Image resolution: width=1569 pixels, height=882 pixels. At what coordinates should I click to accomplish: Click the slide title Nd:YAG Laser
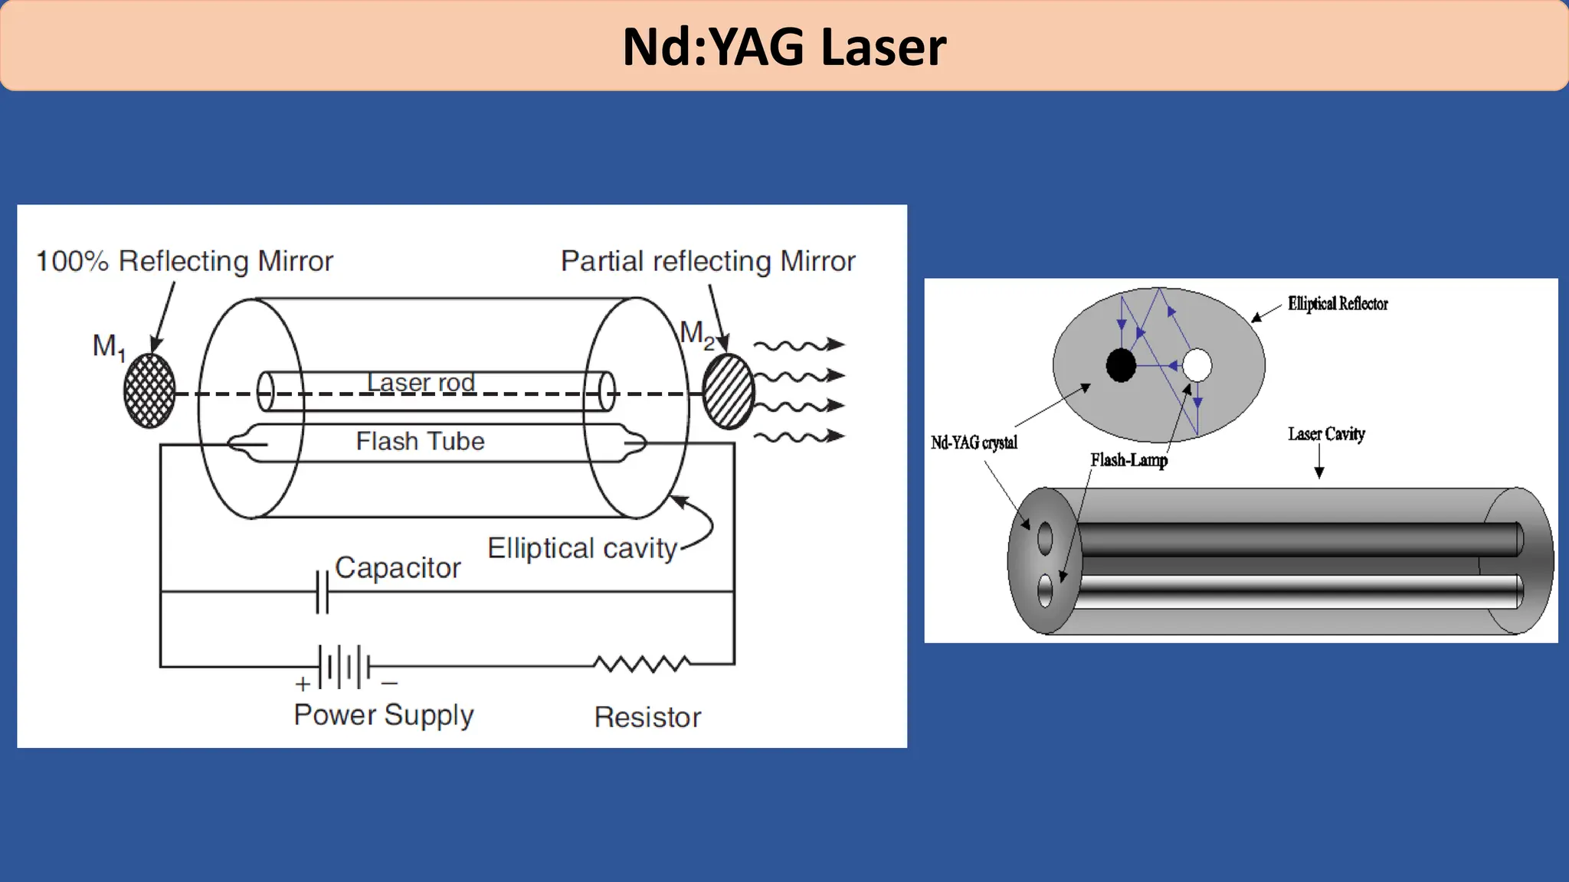click(784, 47)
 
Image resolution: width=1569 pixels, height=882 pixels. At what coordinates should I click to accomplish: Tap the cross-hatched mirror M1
click(149, 390)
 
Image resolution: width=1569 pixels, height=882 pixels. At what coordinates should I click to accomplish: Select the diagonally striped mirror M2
click(728, 391)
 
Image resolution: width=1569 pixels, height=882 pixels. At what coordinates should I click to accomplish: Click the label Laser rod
click(421, 381)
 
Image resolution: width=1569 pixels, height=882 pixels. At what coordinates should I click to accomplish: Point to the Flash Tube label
click(420, 441)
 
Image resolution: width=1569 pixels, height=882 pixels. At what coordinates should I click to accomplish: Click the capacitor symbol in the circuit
click(323, 592)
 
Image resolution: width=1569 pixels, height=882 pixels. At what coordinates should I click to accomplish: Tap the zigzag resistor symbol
click(642, 664)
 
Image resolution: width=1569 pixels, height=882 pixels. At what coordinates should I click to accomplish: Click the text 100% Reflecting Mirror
click(185, 261)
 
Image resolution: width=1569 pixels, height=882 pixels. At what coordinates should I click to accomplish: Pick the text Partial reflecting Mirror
click(707, 261)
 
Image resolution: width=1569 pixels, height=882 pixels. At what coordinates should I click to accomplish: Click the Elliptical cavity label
click(582, 548)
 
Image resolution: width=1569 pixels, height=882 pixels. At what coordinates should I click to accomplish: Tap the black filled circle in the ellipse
click(1121, 365)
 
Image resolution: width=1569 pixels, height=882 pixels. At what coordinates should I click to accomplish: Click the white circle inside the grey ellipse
click(1197, 365)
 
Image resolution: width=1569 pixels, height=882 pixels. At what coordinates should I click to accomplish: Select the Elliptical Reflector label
click(1337, 304)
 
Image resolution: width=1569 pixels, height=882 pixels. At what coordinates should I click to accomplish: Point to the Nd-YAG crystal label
click(974, 443)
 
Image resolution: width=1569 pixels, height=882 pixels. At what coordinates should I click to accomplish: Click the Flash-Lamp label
click(1128, 460)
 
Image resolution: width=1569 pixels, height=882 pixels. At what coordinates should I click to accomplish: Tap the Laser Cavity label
click(1326, 434)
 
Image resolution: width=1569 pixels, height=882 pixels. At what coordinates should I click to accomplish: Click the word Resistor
click(647, 717)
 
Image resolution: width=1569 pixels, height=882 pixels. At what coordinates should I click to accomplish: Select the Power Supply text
click(384, 715)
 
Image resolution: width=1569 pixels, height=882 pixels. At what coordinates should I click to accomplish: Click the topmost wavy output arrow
click(799, 345)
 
